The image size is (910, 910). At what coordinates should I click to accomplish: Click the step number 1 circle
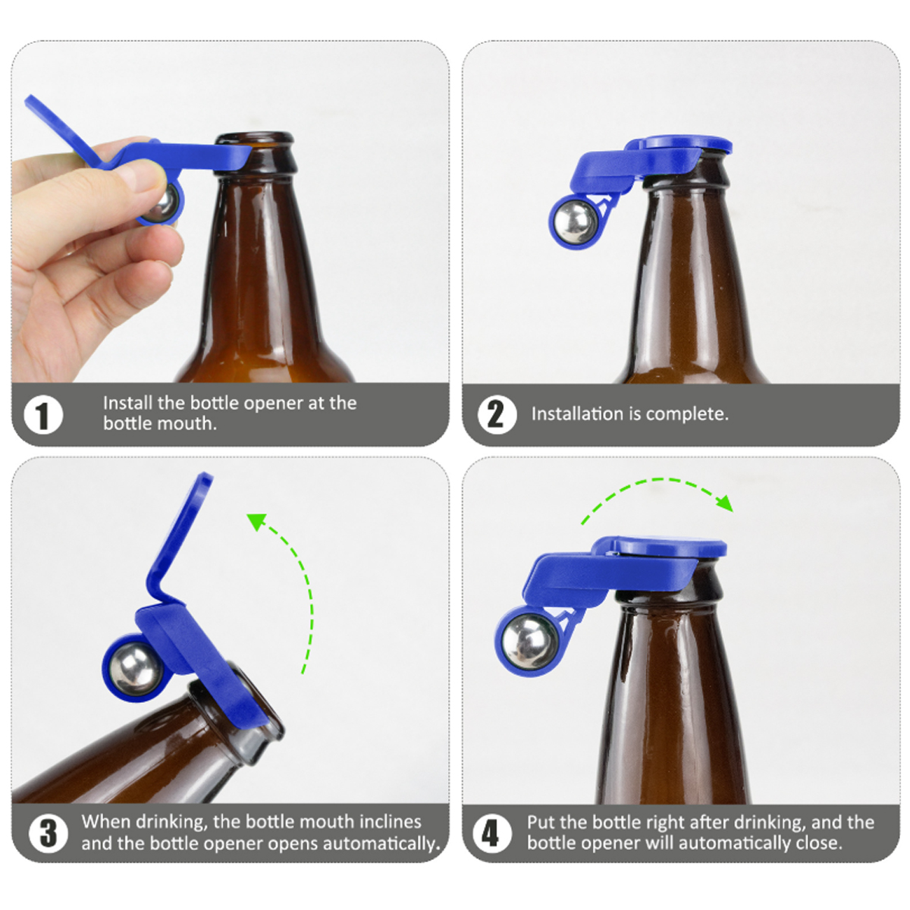click(x=43, y=416)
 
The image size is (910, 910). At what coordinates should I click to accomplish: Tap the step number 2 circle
click(x=497, y=415)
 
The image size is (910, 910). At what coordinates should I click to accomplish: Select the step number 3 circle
click(x=49, y=833)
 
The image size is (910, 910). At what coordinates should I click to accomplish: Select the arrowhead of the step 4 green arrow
click(x=725, y=503)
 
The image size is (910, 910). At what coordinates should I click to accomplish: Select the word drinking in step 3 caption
click(x=171, y=822)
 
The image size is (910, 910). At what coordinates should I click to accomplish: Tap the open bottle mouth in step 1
click(x=255, y=137)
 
